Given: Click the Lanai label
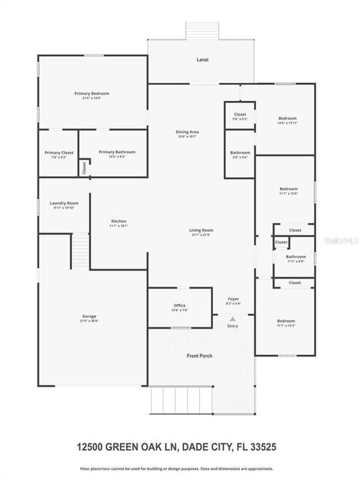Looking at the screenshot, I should coord(202,60).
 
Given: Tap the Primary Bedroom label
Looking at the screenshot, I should coord(92,94).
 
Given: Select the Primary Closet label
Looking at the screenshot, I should coord(58,153).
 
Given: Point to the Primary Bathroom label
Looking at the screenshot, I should coord(116,152).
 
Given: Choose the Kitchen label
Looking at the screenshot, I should coord(118,222).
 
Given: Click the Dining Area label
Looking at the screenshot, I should coord(188,132).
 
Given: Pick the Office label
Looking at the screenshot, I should coord(179,306).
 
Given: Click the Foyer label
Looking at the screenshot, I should coord(233,299).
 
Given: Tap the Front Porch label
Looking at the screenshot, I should coord(199,356).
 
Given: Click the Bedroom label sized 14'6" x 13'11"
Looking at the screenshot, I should coord(288,119).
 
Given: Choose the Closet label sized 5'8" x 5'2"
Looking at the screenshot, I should coord(240,114).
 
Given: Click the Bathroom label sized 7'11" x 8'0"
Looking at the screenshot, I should coord(295,257).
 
